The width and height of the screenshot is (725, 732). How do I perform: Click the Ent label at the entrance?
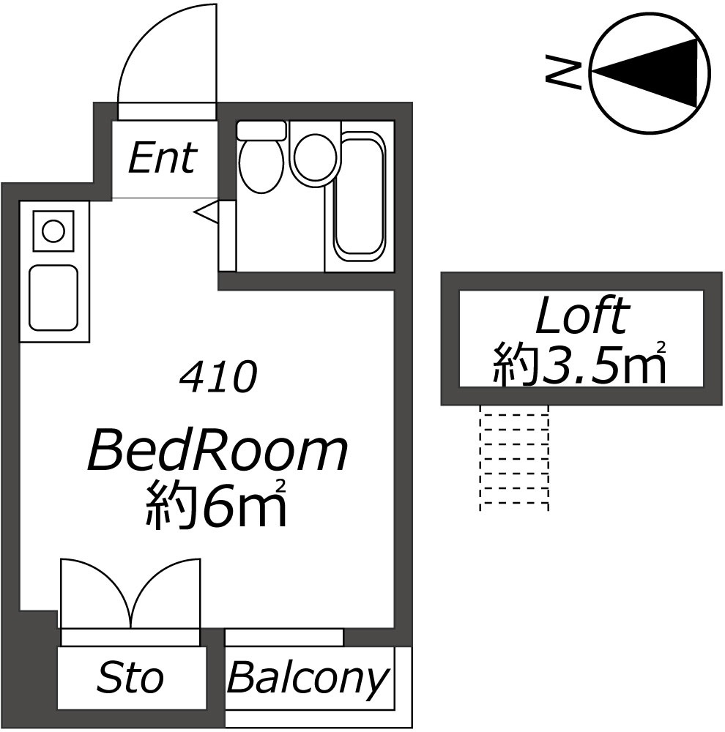coord(163,158)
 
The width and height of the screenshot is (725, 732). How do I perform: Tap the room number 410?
coord(218,376)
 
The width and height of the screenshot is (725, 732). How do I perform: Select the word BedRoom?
coord(218,450)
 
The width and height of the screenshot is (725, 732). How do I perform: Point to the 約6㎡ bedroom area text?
coord(215,505)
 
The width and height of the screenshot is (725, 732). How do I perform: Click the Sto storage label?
coord(130,678)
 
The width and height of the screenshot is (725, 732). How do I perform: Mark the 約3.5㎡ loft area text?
coord(580,363)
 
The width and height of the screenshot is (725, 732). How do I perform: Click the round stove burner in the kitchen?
coord(53,231)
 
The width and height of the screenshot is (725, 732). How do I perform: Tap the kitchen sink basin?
coord(53,298)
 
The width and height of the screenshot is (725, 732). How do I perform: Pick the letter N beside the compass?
coord(563,72)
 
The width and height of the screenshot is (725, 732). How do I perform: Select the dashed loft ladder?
coord(514,457)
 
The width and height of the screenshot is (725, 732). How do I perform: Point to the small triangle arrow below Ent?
coord(206,212)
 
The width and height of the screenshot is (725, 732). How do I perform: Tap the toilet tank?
coord(261,130)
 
